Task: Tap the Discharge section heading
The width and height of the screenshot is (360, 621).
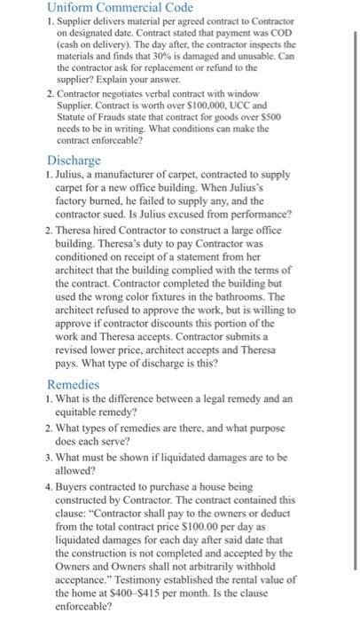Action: (x=75, y=161)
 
